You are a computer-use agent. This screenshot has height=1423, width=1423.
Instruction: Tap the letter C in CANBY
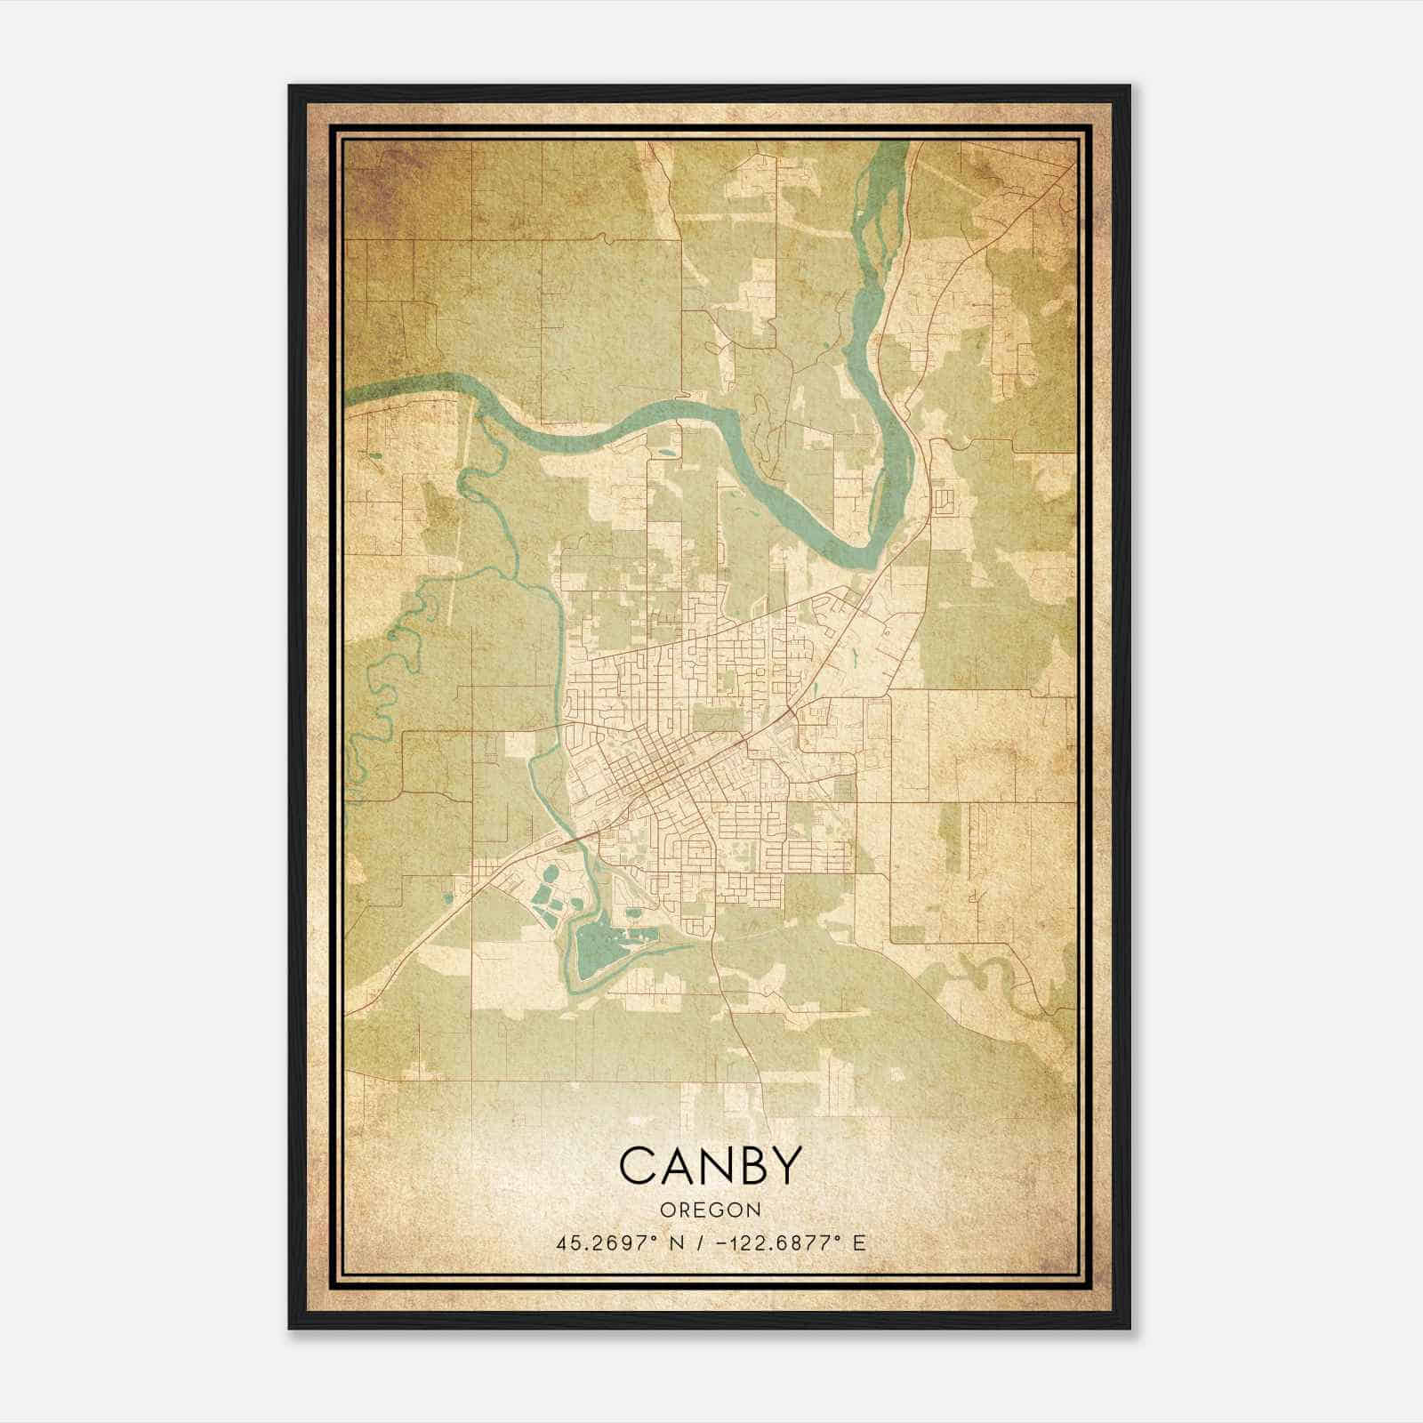[637, 1165]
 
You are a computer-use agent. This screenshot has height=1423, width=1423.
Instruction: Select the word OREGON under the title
[710, 1210]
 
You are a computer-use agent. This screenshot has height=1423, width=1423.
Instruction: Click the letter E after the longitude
[858, 1243]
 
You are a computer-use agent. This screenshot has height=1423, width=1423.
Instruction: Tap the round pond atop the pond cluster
[551, 872]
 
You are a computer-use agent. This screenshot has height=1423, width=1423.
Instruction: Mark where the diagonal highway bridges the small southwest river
[577, 836]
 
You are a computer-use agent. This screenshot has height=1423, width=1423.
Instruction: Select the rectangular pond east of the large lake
[646, 934]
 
